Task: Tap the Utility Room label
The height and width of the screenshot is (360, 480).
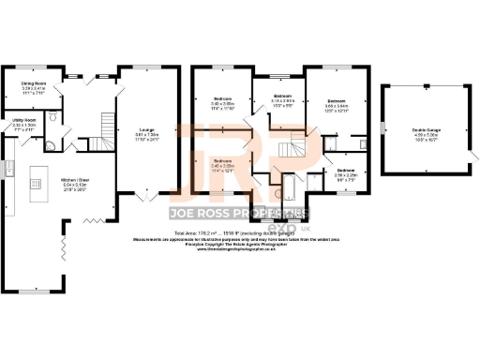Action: pyautogui.click(x=24, y=123)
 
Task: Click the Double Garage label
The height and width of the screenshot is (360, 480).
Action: pyautogui.click(x=425, y=132)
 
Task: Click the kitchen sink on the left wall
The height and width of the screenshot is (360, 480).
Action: pyautogui.click(x=7, y=169)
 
